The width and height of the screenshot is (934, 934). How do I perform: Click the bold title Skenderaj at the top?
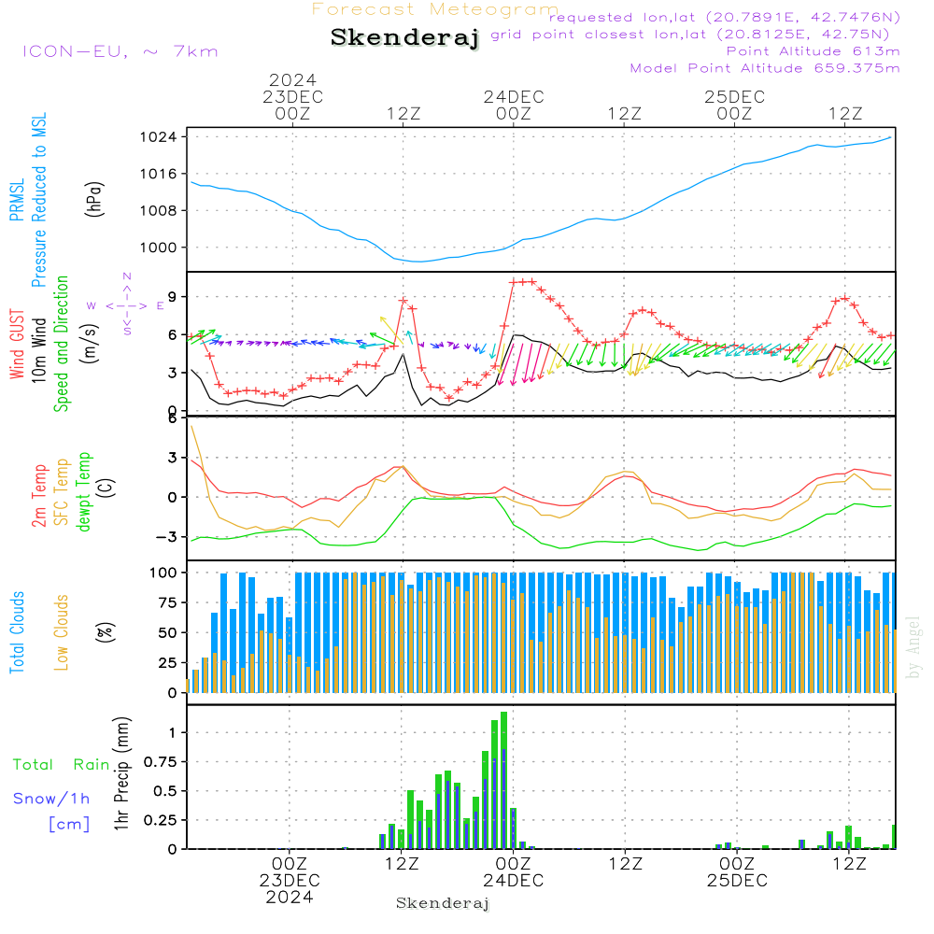click(x=405, y=38)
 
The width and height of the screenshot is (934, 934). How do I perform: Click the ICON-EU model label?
click(x=75, y=51)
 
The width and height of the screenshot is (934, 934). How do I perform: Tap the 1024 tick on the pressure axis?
click(x=159, y=137)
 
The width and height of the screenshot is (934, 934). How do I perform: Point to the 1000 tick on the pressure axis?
click(x=159, y=248)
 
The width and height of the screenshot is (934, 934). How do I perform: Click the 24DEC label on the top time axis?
click(x=514, y=97)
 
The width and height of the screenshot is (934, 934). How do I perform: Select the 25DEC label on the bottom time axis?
click(x=737, y=881)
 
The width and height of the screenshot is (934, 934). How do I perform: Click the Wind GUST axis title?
click(x=17, y=344)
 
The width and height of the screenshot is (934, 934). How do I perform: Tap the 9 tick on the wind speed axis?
click(x=173, y=297)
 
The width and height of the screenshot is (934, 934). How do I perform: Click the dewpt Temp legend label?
click(x=83, y=491)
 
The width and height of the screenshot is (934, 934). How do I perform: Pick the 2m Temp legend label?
click(x=39, y=496)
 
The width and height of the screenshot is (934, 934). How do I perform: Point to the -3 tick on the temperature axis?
click(x=165, y=537)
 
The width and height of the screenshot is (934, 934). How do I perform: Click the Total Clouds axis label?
click(x=17, y=632)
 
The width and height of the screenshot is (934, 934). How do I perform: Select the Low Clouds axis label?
click(x=62, y=632)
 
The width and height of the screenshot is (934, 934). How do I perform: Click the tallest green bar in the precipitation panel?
click(x=504, y=780)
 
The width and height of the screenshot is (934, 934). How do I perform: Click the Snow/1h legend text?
click(x=51, y=799)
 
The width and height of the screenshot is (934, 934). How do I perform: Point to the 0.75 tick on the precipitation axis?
click(x=161, y=762)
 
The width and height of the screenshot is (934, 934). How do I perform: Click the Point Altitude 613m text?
click(x=813, y=51)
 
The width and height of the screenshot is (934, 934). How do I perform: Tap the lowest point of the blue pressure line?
click(x=420, y=262)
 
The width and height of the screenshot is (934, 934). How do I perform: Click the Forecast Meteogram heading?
click(x=435, y=9)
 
